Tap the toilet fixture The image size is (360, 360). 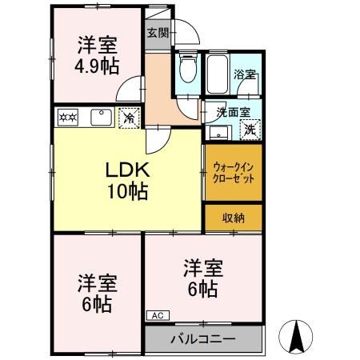point(188,69)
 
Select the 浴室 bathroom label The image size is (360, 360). point(244,74)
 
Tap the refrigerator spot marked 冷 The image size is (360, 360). point(128,118)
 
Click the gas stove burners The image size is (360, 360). point(69,118)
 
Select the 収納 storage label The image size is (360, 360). point(234,218)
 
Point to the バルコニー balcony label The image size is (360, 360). point(203,338)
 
